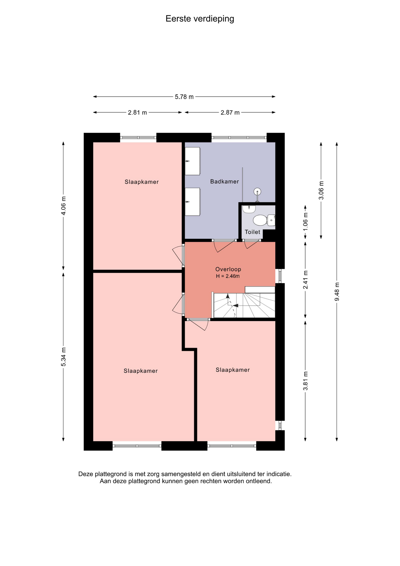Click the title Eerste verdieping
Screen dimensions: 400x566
coord(200,19)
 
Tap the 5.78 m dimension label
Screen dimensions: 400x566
coord(184,97)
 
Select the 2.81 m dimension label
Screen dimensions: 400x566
coord(137,113)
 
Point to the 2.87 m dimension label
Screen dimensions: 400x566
coord(230,113)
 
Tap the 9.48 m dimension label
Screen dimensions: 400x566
coord(337,292)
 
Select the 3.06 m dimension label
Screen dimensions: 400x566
coord(321,190)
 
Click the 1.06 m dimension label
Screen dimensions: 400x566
coord(305,222)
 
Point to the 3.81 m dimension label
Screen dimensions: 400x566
coord(305,381)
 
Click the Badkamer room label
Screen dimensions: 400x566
coord(224,182)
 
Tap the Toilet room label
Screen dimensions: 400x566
coord(252,232)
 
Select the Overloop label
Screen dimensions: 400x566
coord(228,269)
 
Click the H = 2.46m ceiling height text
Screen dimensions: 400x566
coord(228,276)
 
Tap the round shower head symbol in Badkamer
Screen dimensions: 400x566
coord(257,192)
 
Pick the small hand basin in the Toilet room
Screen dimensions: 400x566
coord(249,209)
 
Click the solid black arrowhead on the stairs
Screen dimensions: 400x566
coord(235,305)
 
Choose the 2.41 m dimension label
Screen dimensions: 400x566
coord(305,280)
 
